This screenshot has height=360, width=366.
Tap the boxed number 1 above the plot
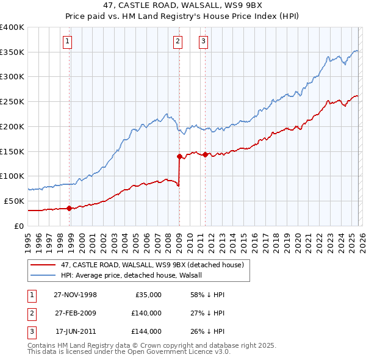tap(66, 41)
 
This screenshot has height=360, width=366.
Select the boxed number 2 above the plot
tap(177, 41)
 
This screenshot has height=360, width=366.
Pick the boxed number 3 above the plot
tap(203, 41)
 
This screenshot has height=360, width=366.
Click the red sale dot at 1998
tap(70, 208)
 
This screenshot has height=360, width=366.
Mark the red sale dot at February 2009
tap(179, 156)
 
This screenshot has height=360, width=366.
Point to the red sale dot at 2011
tap(205, 154)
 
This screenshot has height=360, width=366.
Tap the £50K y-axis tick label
tap(14, 201)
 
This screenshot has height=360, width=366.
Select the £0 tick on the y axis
tap(20, 226)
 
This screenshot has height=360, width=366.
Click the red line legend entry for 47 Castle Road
tap(152, 265)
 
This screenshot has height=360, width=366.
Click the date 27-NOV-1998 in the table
tap(75, 295)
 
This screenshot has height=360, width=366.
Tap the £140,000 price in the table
tap(146, 313)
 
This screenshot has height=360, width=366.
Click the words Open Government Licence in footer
tap(177, 351)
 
